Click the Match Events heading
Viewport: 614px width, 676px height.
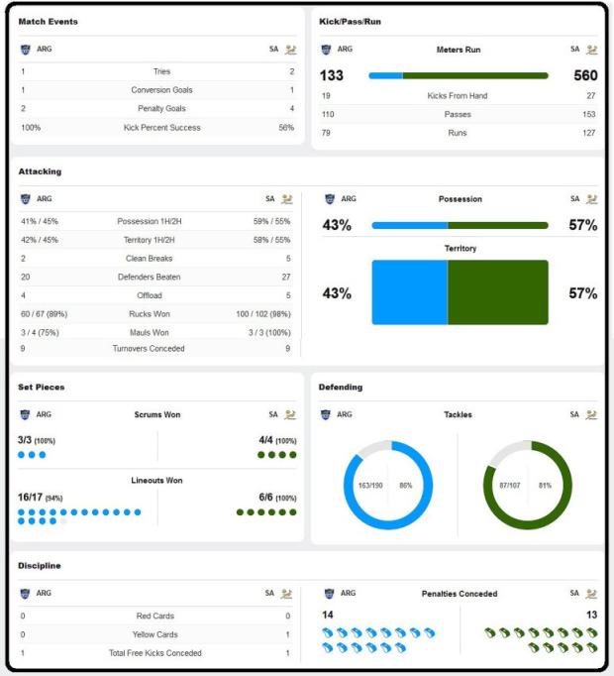point(49,22)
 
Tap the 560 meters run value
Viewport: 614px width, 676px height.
point(585,75)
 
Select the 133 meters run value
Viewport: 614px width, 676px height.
point(332,75)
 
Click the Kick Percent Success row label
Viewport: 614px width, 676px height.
point(162,128)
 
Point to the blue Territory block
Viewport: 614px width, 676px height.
point(409,292)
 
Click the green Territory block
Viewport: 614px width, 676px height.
point(498,292)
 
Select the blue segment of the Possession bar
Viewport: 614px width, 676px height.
point(410,225)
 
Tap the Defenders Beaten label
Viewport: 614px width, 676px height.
point(150,277)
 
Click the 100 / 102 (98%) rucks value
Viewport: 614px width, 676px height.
point(263,314)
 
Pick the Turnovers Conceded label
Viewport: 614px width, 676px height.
point(149,348)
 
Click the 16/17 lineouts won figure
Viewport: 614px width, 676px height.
point(30,497)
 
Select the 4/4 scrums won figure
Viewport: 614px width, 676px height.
point(265,440)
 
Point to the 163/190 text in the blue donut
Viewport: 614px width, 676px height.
point(370,486)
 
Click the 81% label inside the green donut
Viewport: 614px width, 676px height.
point(545,486)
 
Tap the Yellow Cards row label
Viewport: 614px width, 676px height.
point(155,634)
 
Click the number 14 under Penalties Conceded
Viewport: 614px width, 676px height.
point(328,615)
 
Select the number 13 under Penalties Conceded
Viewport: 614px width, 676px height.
point(591,615)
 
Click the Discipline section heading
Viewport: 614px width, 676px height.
point(40,566)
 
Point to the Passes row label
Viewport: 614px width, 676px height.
point(458,114)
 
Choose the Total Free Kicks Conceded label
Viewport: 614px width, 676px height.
point(155,653)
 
